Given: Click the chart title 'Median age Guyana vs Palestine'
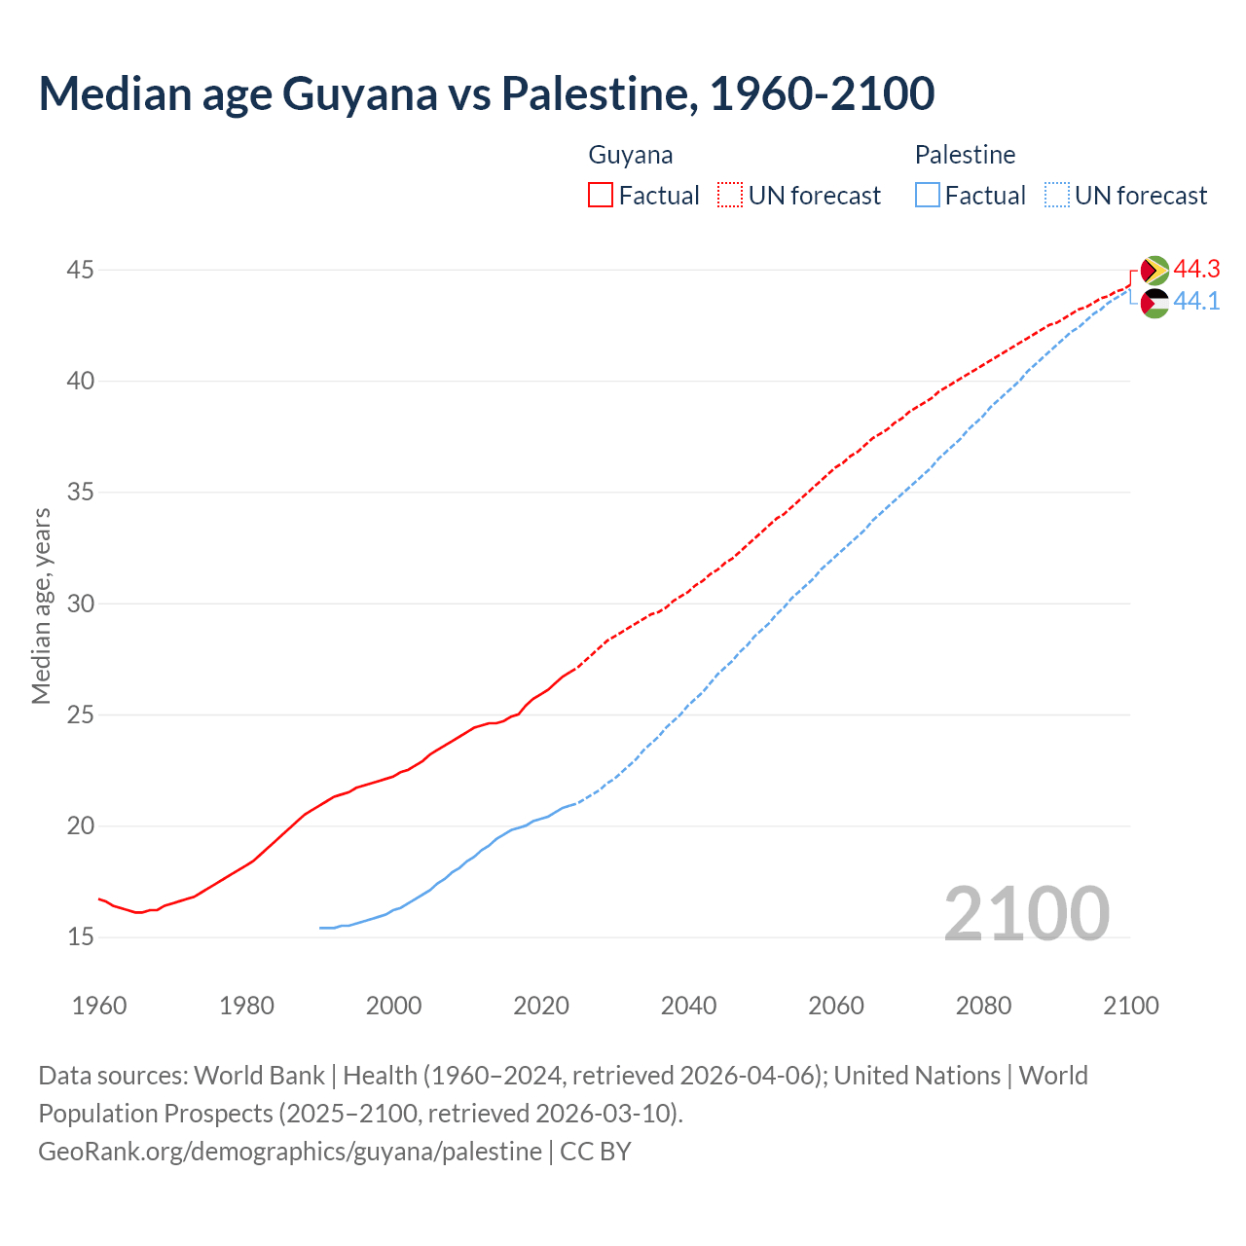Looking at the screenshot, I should [486, 93].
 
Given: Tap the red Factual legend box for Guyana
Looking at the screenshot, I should [601, 195].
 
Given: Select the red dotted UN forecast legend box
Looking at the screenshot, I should [730, 195].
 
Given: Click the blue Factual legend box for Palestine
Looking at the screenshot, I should [928, 195].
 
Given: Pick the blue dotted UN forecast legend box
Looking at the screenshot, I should [1057, 195].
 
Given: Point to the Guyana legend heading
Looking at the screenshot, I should [631, 155].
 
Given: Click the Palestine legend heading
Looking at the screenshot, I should [965, 155].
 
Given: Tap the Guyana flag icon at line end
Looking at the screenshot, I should [1154, 270].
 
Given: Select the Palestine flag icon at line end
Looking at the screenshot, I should [1154, 303].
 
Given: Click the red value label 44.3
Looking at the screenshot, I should [1196, 269].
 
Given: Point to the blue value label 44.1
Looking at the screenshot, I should [1196, 302].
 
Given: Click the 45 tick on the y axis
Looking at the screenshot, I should [81, 270].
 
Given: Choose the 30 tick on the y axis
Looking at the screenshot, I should [81, 604].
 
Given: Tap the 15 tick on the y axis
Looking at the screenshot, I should [81, 937].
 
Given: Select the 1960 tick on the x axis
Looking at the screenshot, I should [99, 1006].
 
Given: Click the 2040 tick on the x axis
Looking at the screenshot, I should [688, 1006].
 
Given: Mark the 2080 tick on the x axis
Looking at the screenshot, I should [983, 1006].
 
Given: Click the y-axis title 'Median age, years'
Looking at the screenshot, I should [41, 605].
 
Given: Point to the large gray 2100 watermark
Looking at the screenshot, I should [1027, 913].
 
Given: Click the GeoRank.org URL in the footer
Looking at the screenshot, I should [290, 1152].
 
